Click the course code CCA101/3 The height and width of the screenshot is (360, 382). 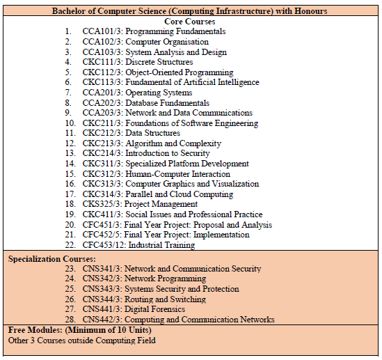102,31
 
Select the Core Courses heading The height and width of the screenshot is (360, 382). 189,22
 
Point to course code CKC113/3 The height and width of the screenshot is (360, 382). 102,82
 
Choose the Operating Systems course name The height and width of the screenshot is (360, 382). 159,93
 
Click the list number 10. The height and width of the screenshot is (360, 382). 70,123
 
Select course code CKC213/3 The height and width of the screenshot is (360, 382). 102,143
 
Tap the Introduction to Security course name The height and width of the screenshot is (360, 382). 167,153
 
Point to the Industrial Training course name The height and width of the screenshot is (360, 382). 167,245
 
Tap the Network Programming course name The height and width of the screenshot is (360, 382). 166,279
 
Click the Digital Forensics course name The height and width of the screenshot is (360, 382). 155,309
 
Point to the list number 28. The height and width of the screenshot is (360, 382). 70,320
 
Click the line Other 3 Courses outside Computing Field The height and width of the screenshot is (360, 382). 82,340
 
